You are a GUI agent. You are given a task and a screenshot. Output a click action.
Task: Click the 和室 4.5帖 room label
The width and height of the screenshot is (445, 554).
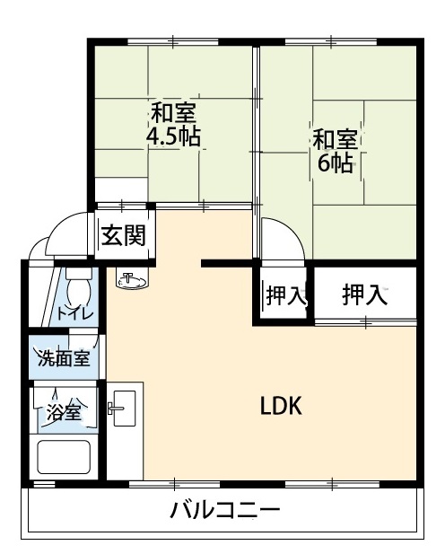(173, 124)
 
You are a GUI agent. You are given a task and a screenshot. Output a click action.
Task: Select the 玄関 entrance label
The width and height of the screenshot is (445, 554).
(123, 235)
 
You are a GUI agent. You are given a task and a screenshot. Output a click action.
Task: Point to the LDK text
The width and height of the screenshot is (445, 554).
(281, 406)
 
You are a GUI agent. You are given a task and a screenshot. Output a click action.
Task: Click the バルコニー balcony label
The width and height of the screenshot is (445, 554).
(225, 510)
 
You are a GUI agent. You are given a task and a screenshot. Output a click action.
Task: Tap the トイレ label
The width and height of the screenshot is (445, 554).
(74, 313)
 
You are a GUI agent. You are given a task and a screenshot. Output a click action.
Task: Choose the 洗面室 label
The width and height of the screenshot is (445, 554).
(64, 358)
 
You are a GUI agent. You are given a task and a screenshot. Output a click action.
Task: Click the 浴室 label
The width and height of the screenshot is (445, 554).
(65, 411)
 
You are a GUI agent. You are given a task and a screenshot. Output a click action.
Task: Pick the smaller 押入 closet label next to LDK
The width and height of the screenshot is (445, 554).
(285, 295)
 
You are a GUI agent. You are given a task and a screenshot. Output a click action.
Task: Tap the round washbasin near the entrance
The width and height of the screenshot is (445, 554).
(132, 278)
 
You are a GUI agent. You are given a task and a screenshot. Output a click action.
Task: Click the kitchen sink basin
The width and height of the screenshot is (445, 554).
(125, 408)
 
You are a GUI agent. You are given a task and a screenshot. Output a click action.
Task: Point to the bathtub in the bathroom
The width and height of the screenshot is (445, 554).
(64, 457)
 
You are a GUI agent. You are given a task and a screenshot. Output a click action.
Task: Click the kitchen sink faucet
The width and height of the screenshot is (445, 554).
(116, 408)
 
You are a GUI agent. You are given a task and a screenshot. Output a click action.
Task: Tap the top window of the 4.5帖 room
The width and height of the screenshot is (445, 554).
(172, 41)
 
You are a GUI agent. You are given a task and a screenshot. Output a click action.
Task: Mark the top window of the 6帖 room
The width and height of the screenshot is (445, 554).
(331, 41)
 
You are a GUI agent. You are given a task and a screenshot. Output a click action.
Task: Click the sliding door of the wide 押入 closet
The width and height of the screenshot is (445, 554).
(365, 321)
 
